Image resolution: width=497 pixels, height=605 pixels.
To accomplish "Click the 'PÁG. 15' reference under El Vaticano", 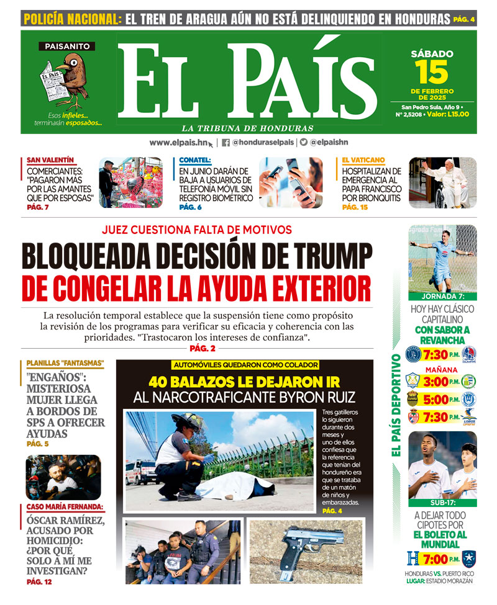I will pyautogui.click(x=355, y=207).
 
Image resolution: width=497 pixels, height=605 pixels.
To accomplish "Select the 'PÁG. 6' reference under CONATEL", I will pyautogui.click(x=190, y=207).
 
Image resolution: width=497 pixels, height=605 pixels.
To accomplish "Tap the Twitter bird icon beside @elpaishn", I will pyautogui.click(x=304, y=142).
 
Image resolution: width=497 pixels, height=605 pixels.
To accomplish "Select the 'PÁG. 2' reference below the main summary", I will pyautogui.click(x=203, y=348).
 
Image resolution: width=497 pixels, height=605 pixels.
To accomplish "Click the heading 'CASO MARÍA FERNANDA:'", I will pyautogui.click(x=65, y=506).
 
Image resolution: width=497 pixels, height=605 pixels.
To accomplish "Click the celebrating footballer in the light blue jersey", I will pyautogui.click(x=444, y=258).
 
